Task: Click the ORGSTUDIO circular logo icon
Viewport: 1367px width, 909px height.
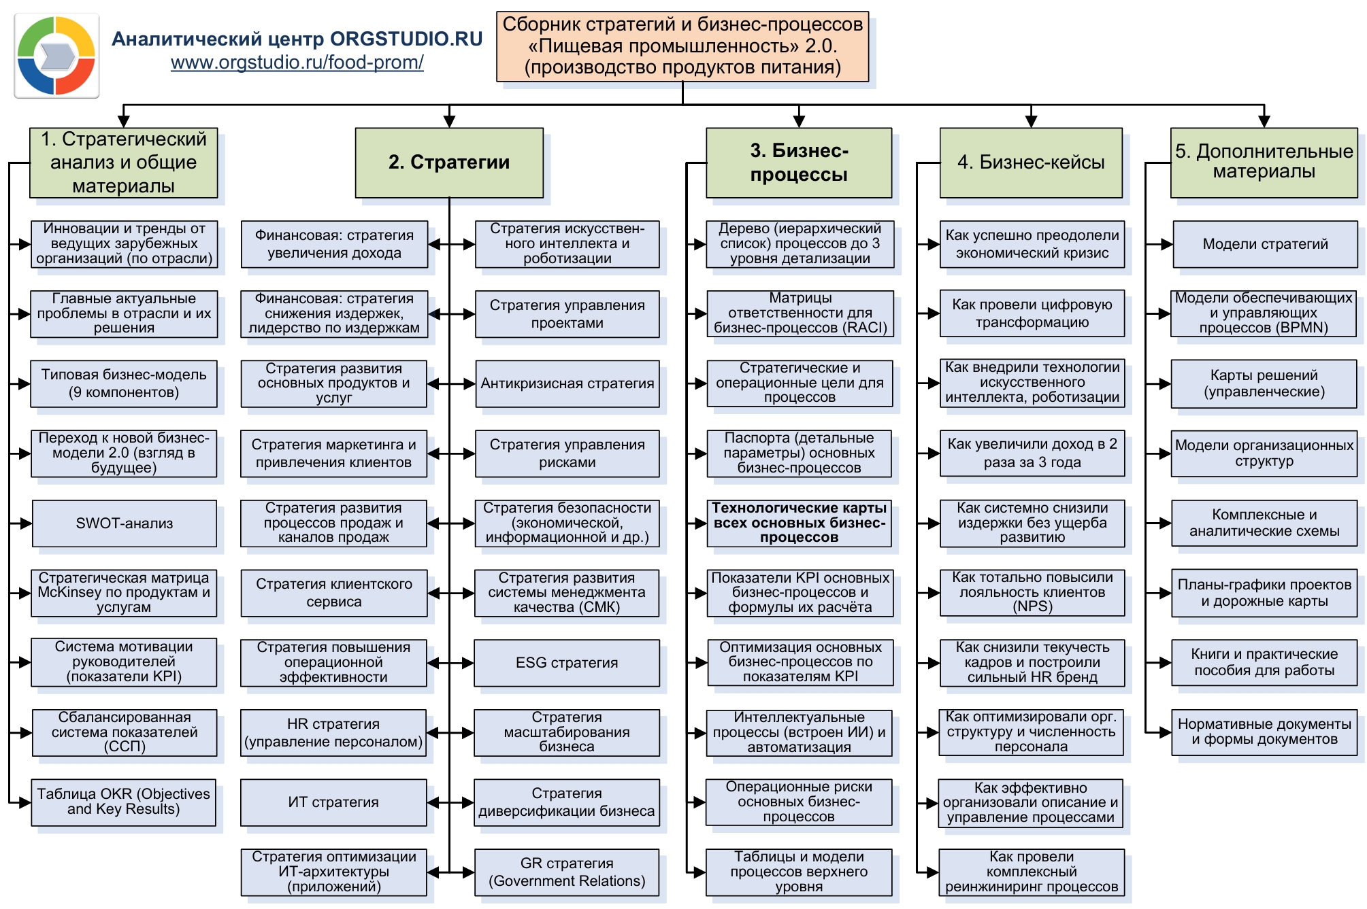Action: click(56, 56)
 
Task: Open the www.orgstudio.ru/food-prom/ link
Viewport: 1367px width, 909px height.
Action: click(297, 63)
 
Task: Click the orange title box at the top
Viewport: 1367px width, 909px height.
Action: click(682, 46)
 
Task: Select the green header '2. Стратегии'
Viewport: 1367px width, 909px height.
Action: click(449, 162)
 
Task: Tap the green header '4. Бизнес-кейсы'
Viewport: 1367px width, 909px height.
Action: click(1030, 162)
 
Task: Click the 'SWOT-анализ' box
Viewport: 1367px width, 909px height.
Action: click(124, 524)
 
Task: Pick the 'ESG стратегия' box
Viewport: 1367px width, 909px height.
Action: click(566, 663)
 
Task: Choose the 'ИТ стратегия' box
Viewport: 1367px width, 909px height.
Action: click(333, 802)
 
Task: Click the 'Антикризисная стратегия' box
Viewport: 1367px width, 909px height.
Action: click(567, 383)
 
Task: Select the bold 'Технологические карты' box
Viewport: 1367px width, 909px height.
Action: click(799, 523)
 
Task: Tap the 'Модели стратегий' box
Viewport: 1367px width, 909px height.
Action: click(1264, 244)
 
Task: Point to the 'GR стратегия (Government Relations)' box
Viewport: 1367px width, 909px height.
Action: click(566, 872)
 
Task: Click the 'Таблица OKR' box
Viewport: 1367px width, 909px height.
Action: click(123, 802)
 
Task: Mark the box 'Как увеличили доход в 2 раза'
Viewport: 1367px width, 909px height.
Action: click(1032, 453)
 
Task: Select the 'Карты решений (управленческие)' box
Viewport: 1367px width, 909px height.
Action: click(1264, 383)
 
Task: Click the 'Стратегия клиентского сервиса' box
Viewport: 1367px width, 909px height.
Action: click(333, 593)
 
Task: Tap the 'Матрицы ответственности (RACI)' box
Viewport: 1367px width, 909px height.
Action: click(800, 313)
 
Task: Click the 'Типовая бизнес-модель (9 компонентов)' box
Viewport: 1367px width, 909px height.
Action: click(124, 383)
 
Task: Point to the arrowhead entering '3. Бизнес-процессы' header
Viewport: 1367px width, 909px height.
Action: click(799, 122)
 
